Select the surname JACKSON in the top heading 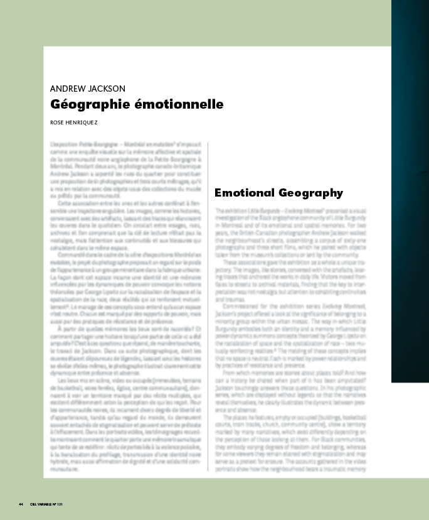point(107,89)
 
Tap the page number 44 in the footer point(21,504)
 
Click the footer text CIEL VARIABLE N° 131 point(48,504)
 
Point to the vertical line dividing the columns point(208,301)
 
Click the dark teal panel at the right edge point(410,188)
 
